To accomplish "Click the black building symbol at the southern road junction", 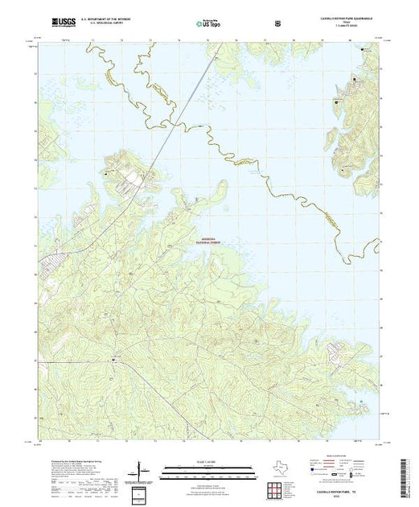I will pos(114,359).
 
